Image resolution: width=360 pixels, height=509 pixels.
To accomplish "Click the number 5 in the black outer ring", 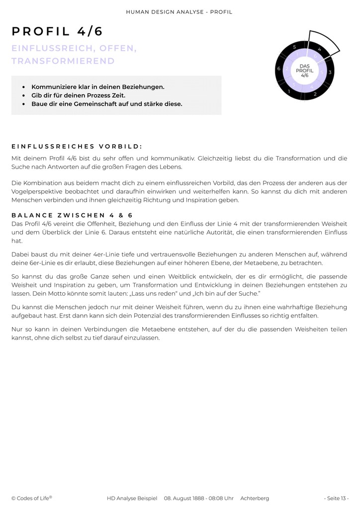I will click(x=294, y=47).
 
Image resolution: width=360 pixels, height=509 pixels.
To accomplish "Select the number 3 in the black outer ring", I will click(x=329, y=73).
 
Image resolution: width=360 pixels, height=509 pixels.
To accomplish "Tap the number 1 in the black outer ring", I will click(x=289, y=91).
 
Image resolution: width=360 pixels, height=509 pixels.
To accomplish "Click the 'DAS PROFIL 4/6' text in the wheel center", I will click(x=305, y=70).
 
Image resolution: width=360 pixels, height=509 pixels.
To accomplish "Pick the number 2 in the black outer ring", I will click(x=315, y=93).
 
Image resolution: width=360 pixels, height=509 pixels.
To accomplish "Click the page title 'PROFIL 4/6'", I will click(x=57, y=31).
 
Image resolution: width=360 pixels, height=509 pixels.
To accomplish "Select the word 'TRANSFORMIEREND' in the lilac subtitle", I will click(x=63, y=61).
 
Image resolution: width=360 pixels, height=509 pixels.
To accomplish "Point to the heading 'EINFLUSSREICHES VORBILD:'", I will click(x=77, y=146).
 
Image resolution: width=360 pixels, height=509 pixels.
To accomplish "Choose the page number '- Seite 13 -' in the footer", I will click(x=336, y=498).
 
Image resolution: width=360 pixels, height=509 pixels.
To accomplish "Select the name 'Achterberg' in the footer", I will click(x=255, y=498).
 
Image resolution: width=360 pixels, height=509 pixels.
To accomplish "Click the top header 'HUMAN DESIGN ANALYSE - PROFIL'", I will click(x=180, y=11).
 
